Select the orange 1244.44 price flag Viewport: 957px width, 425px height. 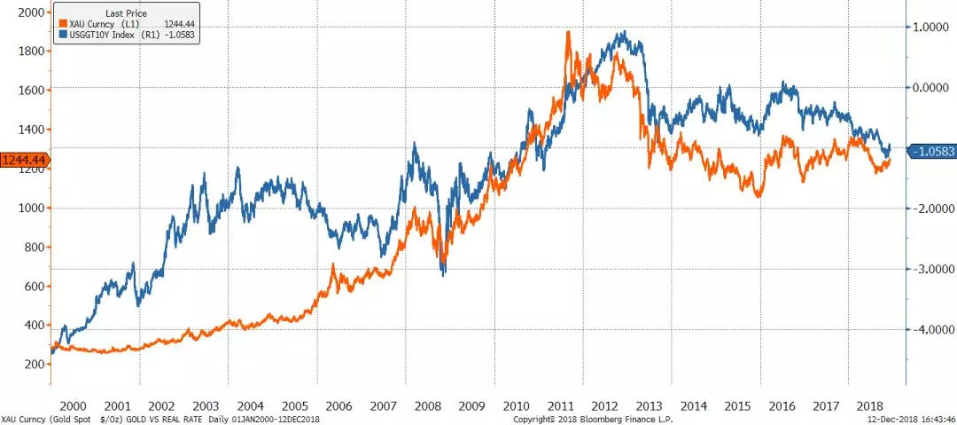(22, 160)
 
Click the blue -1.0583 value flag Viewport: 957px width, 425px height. (932, 151)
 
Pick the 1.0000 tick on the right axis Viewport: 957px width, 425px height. (931, 28)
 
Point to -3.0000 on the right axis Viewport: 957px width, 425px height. (930, 269)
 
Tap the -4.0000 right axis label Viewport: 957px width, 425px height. (930, 329)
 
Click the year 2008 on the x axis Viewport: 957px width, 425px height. (427, 405)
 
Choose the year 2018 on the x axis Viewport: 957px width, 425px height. (873, 405)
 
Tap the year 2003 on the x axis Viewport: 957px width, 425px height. (205, 405)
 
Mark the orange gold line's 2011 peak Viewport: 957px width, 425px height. (567, 32)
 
